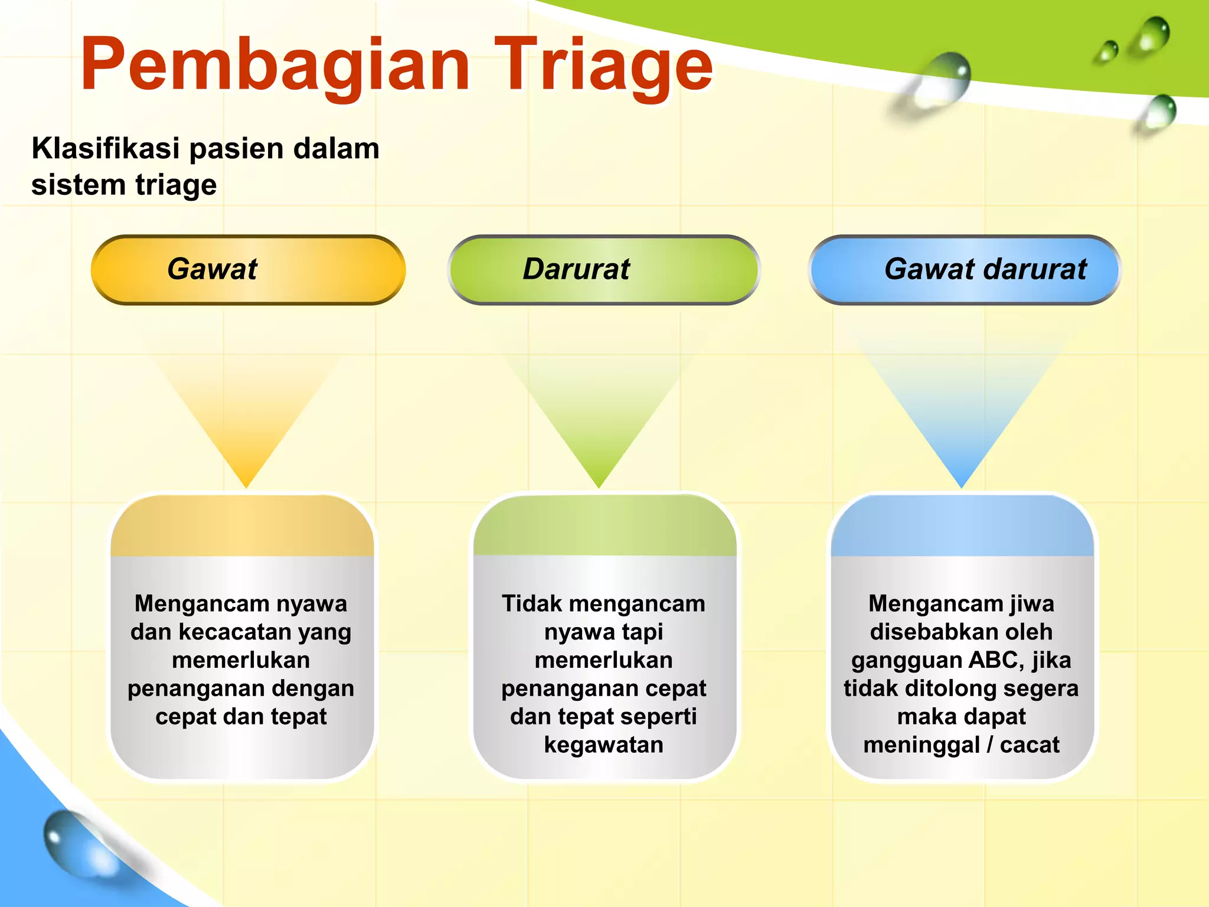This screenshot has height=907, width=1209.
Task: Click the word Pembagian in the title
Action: pos(275,65)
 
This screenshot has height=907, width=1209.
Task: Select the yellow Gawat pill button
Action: pos(248,270)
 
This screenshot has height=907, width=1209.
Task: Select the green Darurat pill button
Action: pos(603,270)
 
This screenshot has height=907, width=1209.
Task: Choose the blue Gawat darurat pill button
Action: pos(964,270)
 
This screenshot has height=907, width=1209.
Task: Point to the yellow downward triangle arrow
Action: pos(247,425)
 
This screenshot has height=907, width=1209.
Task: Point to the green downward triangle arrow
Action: pos(599,425)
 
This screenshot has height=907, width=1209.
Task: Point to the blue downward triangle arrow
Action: pos(961,425)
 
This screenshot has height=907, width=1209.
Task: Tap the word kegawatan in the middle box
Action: pos(603,745)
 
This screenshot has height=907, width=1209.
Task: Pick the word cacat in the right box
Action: pos(1030,745)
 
